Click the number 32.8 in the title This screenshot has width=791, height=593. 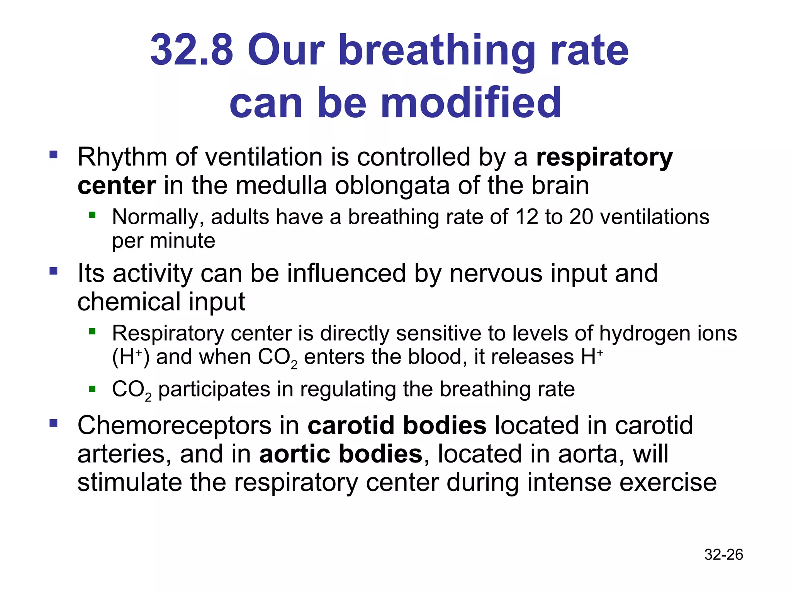pyautogui.click(x=192, y=50)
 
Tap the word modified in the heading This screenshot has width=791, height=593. pyautogui.click(x=471, y=103)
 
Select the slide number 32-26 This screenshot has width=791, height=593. pyautogui.click(x=723, y=554)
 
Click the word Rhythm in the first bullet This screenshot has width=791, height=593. pyautogui.click(x=122, y=158)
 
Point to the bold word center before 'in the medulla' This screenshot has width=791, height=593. pyautogui.click(x=117, y=186)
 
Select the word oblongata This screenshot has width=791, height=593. pyautogui.click(x=392, y=186)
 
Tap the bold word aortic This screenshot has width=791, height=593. pyautogui.click(x=294, y=454)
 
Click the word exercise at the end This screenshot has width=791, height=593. pyautogui.click(x=668, y=483)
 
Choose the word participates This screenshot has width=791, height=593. pyautogui.click(x=214, y=389)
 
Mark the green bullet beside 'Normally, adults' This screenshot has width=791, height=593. pyautogui.click(x=92, y=215)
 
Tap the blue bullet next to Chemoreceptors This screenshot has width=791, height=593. pyautogui.click(x=54, y=423)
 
